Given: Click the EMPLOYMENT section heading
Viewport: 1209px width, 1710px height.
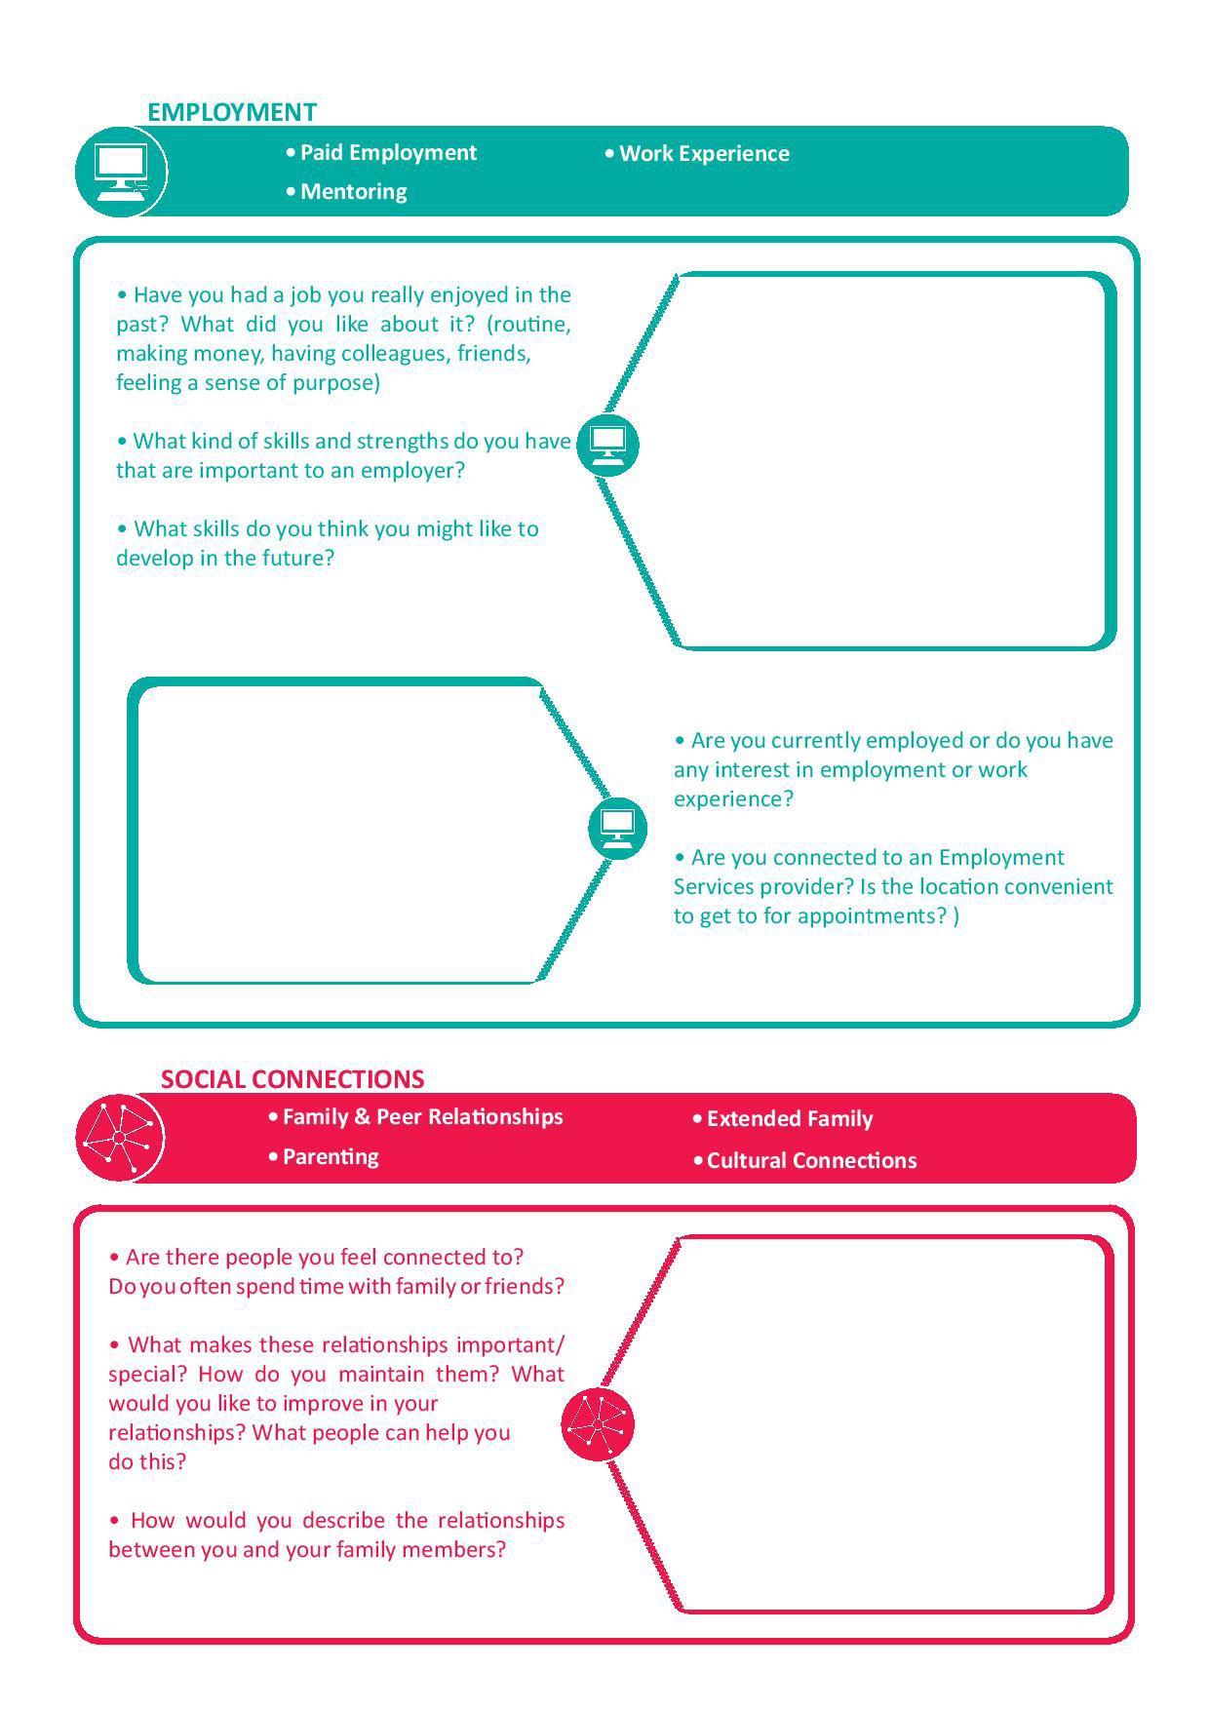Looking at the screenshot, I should (x=232, y=112).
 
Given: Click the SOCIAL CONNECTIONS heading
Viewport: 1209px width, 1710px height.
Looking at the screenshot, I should (x=292, y=1079).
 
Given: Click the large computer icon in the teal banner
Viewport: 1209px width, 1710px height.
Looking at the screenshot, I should (x=121, y=172).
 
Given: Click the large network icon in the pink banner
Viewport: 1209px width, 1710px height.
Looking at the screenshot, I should (x=119, y=1138).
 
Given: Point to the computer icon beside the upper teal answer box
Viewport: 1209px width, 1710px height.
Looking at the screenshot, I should (x=607, y=445).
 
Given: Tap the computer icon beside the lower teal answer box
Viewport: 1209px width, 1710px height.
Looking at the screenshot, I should (x=617, y=828).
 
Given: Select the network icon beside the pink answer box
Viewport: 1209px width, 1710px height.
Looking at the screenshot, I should (x=598, y=1424).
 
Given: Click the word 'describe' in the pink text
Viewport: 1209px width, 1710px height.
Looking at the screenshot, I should (x=344, y=1521).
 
